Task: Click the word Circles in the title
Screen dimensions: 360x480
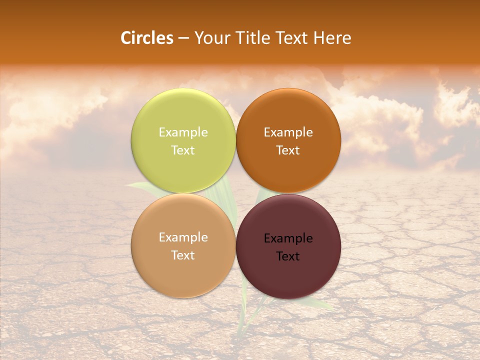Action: coord(147,38)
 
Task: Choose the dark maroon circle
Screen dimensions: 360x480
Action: coord(288,270)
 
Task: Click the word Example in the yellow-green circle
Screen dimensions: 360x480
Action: coord(183,132)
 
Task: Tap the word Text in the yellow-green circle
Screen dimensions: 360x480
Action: coord(183,150)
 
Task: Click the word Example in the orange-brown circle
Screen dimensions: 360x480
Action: coord(288,132)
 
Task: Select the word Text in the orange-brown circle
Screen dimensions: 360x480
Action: coord(288,150)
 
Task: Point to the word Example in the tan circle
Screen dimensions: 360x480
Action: coord(183,237)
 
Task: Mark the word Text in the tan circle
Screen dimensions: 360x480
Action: coord(183,255)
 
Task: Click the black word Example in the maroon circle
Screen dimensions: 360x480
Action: coord(288,238)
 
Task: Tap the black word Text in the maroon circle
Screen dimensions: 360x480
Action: coord(288,256)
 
